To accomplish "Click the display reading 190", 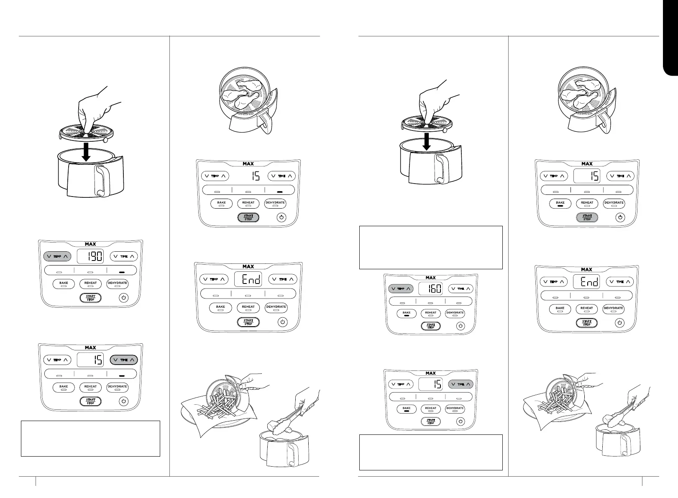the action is [x=90, y=256].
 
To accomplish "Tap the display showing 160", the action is [x=431, y=289].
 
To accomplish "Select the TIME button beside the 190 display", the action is [x=124, y=256].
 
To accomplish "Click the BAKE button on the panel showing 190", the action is [x=64, y=283].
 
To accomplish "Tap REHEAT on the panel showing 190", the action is [x=90, y=283].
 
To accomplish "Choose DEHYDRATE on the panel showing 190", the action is [x=117, y=283].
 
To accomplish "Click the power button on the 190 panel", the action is [x=123, y=298].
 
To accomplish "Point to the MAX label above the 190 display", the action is [x=90, y=244].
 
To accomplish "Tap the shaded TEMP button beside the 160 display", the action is [x=401, y=289].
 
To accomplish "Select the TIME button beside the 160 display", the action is [x=461, y=289].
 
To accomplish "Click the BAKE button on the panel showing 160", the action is [x=407, y=313].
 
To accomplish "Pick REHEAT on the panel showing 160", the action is [x=431, y=313].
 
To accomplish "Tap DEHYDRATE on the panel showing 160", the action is [x=455, y=313].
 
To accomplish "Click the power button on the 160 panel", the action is [x=461, y=326].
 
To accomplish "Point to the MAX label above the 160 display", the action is [x=431, y=278].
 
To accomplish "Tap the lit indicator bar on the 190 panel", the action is [x=122, y=271].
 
